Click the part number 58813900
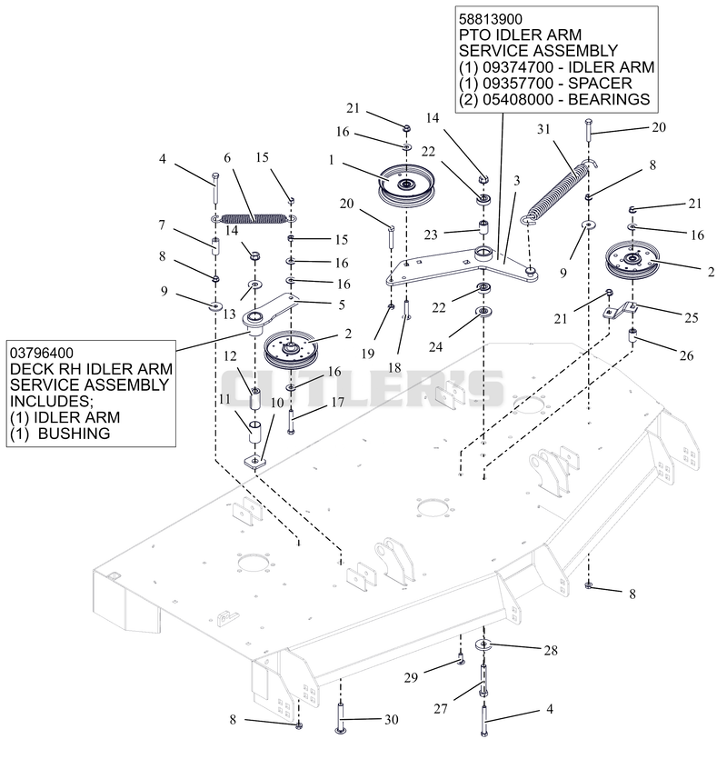[490, 19]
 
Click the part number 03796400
[42, 354]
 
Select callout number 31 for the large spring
[543, 129]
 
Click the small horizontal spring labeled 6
[254, 218]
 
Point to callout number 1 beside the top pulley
[331, 160]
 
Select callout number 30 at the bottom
[392, 719]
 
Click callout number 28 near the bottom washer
[551, 650]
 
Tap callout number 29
[411, 677]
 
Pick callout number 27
[441, 709]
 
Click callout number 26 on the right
[686, 355]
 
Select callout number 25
[692, 317]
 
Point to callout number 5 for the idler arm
[342, 305]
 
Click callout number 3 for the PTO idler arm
[516, 180]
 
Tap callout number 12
[230, 356]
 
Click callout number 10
[276, 402]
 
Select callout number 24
[435, 346]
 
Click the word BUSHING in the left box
[74, 434]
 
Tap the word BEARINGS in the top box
[609, 99]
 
